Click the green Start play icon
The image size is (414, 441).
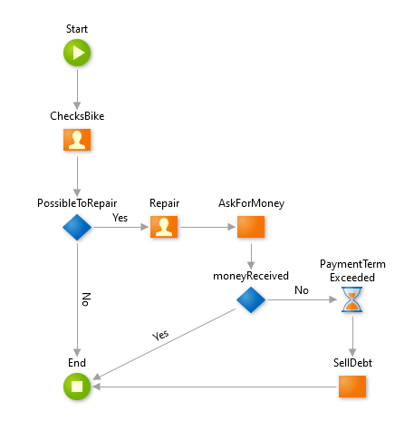[77, 54]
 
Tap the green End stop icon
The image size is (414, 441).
[77, 387]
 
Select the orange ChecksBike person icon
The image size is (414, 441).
[77, 141]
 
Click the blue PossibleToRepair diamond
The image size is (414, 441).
[77, 228]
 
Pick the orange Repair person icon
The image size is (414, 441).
[163, 228]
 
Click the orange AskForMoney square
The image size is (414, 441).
[251, 228]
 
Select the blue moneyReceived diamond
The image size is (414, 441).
[251, 299]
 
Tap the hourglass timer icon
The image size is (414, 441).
[352, 299]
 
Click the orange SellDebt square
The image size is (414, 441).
[352, 387]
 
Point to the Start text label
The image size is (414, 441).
[77, 30]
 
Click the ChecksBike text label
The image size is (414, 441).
[77, 117]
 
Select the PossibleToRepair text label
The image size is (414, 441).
[77, 203]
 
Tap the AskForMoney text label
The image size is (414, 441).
[251, 203]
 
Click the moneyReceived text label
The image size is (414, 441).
[251, 275]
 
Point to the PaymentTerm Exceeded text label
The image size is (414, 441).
[352, 269]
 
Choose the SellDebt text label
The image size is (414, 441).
[352, 362]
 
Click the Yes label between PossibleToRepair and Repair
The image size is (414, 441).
[120, 218]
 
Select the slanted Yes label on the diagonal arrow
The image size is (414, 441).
[160, 334]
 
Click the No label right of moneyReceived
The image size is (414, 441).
[301, 289]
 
